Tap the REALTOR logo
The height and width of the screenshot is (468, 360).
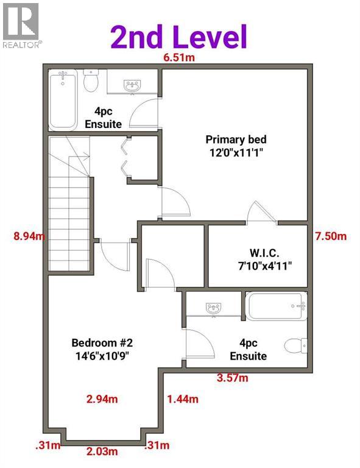[22, 25]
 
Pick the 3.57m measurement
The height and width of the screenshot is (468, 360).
[233, 378]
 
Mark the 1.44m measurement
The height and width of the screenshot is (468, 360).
[183, 399]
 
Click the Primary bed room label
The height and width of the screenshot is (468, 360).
[236, 144]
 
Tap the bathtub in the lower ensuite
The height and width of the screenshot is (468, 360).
[275, 306]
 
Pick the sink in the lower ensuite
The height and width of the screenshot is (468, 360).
[214, 308]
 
